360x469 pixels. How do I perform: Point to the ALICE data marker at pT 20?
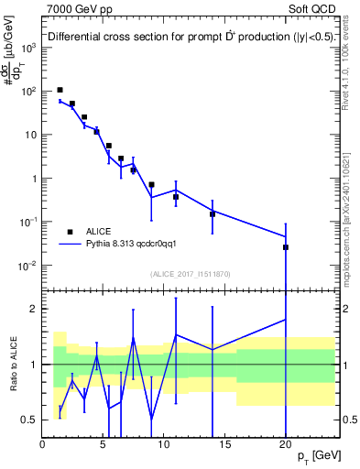(x=286, y=247)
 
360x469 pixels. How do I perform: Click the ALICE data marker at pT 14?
(x=213, y=214)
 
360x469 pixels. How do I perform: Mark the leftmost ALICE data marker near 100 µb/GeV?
(x=60, y=90)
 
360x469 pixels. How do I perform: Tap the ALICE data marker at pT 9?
(x=152, y=185)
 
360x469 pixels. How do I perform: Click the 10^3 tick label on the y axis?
(x=30, y=48)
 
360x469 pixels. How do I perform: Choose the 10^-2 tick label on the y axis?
(x=28, y=266)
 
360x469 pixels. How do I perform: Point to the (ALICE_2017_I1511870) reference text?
(x=189, y=274)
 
